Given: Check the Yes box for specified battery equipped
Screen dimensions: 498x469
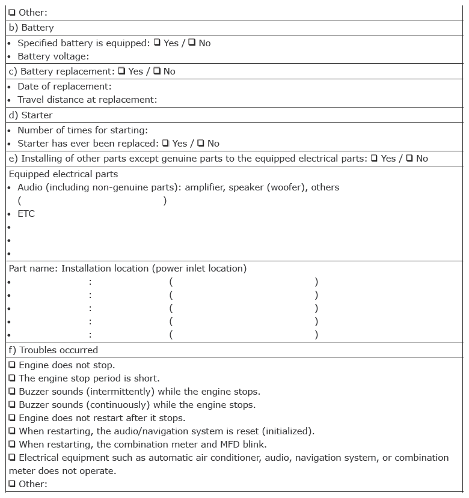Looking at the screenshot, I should point(157,43).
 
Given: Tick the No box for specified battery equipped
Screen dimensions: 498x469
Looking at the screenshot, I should point(192,43).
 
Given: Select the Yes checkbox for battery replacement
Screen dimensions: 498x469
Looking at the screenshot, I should point(121,71).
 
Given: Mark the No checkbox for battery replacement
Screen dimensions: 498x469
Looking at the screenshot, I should point(156,71).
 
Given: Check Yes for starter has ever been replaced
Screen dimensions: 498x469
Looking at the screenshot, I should point(165,143).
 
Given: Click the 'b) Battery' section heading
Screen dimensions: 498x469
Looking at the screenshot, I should point(31,28).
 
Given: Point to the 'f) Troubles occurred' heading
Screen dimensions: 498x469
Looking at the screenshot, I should point(53,350).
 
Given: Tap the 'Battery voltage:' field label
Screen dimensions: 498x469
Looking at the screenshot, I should point(53,56).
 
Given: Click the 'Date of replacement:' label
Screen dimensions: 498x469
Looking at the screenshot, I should point(64,87).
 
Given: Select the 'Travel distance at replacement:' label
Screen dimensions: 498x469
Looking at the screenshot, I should point(87,100).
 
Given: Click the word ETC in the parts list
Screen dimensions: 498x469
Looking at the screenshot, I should point(26,214).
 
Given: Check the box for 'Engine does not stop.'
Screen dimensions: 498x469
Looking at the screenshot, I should point(12,365).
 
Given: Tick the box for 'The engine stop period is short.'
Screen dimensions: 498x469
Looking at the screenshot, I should point(12,378).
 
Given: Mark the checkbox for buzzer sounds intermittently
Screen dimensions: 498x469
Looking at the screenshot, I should point(12,391).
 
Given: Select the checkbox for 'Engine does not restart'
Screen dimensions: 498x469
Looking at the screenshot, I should point(12,418).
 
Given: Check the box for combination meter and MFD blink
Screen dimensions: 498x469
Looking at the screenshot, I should point(12,444).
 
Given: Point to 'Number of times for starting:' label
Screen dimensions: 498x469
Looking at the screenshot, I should point(82,130).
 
